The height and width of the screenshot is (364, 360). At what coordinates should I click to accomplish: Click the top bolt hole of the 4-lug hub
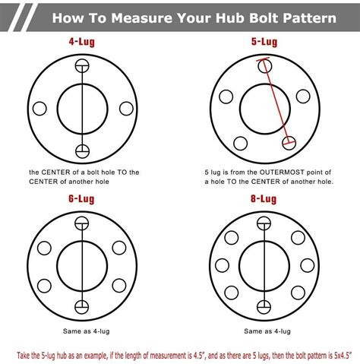[x=81, y=67]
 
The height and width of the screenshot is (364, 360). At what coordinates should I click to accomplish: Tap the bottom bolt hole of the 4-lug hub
[x=81, y=149]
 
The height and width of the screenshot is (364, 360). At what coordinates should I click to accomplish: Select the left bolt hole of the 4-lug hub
[x=40, y=108]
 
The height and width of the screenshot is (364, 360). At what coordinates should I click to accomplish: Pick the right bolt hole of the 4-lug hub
[x=122, y=108]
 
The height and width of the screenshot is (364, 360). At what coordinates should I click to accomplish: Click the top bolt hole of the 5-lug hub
[x=264, y=65]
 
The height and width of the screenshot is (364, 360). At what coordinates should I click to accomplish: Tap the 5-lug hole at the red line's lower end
[x=289, y=142]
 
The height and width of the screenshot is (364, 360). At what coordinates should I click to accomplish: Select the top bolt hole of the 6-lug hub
[x=81, y=222]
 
